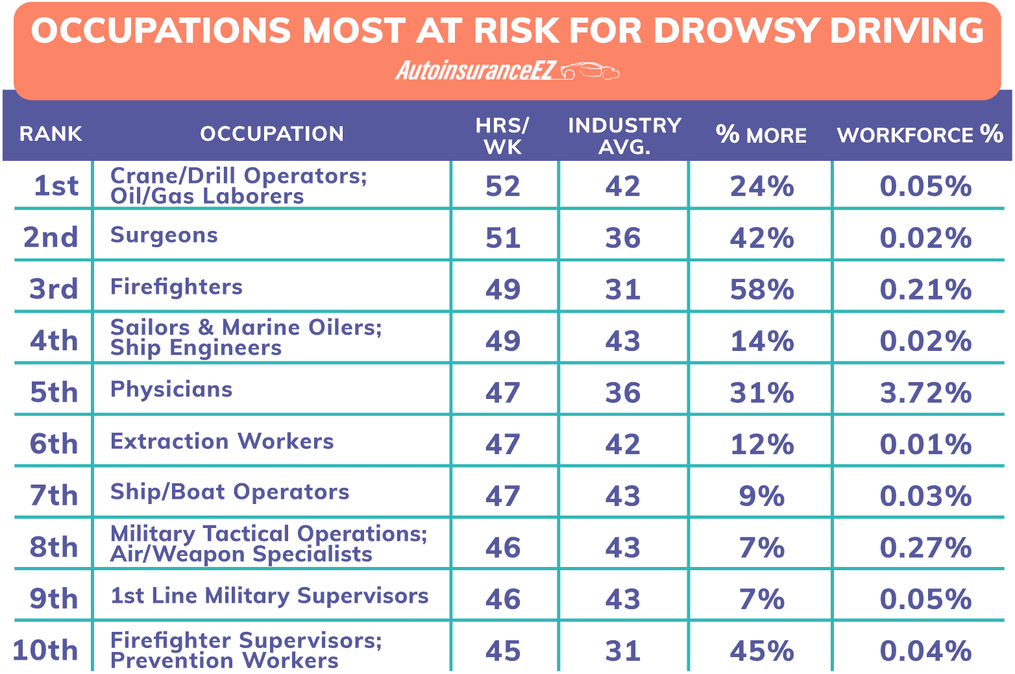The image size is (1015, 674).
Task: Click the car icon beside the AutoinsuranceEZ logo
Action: pyautogui.click(x=590, y=71)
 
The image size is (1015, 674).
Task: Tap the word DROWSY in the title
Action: pyautogui.click(x=735, y=30)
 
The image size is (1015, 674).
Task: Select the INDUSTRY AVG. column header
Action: pyautogui.click(x=624, y=136)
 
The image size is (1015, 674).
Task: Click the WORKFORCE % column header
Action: pyautogui.click(x=920, y=134)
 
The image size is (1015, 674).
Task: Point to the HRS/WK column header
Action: pyautogui.click(x=502, y=136)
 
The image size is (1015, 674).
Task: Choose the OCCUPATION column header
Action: pyautogui.click(x=272, y=134)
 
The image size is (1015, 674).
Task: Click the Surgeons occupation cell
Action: pyautogui.click(x=164, y=235)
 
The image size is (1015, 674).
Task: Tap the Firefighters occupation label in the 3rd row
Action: pyautogui.click(x=177, y=287)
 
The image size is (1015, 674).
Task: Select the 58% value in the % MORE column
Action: pyautogui.click(x=761, y=289)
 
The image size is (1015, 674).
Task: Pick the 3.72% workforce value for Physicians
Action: pyautogui.click(x=925, y=392)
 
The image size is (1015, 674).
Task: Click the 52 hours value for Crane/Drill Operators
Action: pyautogui.click(x=503, y=186)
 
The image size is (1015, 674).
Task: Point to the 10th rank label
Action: pyautogui.click(x=45, y=650)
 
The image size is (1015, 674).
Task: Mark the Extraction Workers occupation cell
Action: pyautogui.click(x=222, y=441)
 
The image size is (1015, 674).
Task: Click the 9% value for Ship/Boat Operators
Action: pyautogui.click(x=761, y=496)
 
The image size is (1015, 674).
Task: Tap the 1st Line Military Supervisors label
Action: pyautogui.click(x=269, y=596)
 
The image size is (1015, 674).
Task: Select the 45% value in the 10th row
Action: pyautogui.click(x=761, y=651)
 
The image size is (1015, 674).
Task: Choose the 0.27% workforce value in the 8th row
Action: pyautogui.click(x=925, y=548)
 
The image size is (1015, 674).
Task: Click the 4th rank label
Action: pyautogui.click(x=54, y=341)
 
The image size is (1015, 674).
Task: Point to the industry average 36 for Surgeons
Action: pyautogui.click(x=623, y=237)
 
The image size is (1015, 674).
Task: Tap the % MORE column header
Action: pyautogui.click(x=761, y=134)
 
